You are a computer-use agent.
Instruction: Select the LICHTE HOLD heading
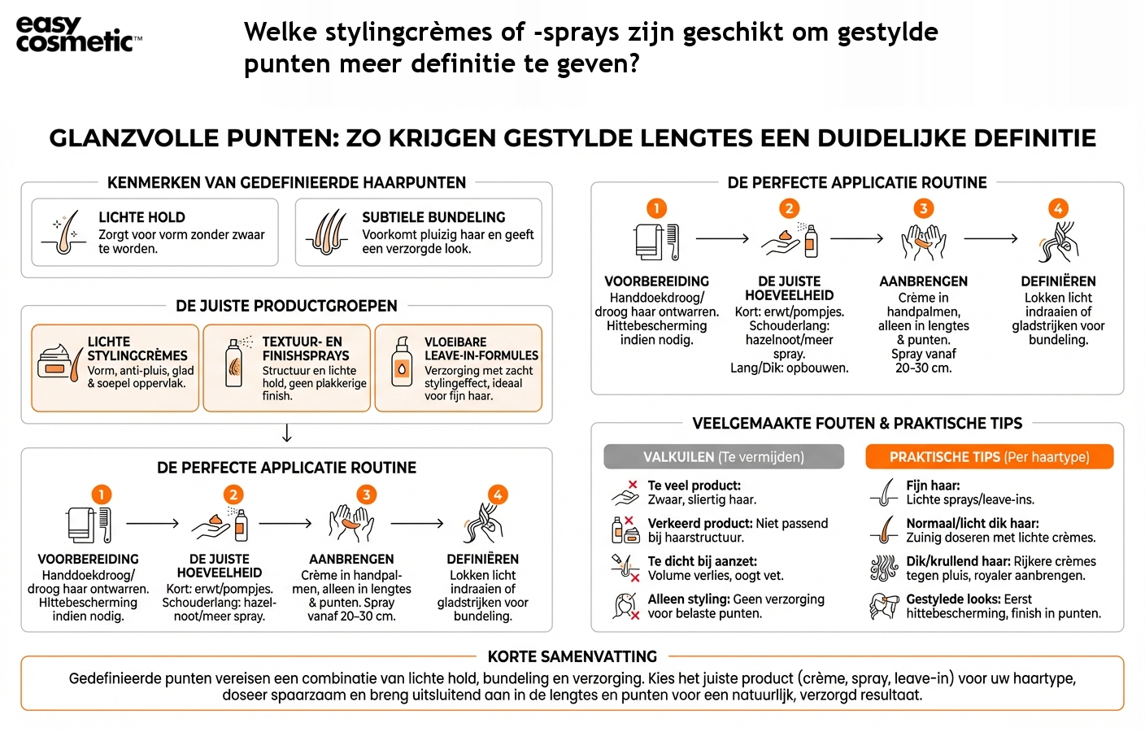point(141,217)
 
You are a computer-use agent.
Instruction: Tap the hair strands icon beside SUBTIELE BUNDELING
point(329,233)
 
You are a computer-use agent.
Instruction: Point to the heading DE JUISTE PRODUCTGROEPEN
point(286,306)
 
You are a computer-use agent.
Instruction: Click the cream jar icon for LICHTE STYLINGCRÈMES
point(57,362)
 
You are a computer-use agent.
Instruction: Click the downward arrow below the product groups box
point(286,433)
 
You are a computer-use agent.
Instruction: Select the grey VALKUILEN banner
point(723,457)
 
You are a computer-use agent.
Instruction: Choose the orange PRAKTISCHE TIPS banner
point(989,457)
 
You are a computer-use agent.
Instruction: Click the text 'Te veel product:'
point(694,486)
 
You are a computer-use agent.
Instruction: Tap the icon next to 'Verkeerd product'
point(625,529)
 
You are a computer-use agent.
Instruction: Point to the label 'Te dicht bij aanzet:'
point(702,561)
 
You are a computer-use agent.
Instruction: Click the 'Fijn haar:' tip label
point(933,486)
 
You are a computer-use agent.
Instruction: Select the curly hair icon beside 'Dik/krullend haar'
point(884,568)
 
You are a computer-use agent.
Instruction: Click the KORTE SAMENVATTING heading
point(572,656)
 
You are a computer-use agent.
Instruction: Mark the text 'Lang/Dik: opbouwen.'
point(789,368)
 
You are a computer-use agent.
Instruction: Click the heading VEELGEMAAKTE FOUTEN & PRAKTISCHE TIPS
point(857,423)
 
